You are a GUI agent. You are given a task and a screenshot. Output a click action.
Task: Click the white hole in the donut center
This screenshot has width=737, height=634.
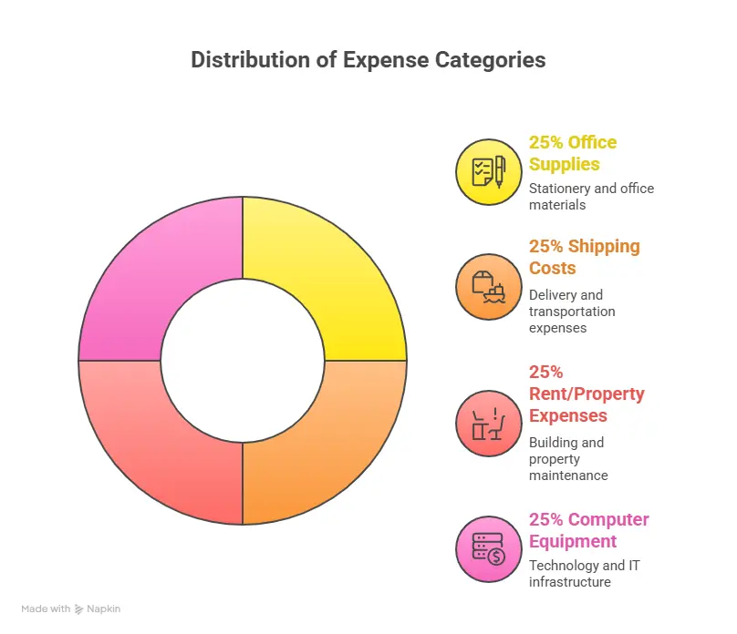tap(243, 360)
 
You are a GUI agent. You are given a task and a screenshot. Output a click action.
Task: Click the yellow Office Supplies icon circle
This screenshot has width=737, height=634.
tap(489, 170)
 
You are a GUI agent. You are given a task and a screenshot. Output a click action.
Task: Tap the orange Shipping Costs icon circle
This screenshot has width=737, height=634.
tap(489, 287)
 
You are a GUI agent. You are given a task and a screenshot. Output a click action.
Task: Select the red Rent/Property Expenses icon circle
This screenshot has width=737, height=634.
tap(489, 422)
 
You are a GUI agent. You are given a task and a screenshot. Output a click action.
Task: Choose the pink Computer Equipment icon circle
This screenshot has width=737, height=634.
tap(489, 549)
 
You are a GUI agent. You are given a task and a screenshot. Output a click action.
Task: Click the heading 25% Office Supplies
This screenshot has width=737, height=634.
tap(573, 153)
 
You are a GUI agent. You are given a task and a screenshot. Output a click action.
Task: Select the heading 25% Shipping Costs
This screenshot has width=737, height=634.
tap(585, 257)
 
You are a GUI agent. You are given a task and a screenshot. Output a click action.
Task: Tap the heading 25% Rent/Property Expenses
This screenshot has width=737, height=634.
tap(586, 394)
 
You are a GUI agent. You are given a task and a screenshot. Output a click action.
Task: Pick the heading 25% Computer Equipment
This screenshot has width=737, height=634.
tap(589, 530)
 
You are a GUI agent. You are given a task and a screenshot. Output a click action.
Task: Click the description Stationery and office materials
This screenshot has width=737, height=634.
tap(591, 197)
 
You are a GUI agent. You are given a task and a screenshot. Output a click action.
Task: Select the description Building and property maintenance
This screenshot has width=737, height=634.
tap(568, 459)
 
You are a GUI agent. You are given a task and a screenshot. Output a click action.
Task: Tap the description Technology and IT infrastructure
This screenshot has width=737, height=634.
tap(584, 574)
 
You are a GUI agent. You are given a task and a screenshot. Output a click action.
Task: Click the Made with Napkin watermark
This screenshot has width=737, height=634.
tap(71, 608)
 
